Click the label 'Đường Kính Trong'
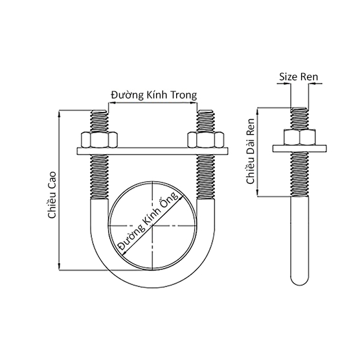(153, 95)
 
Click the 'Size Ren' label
(299, 76)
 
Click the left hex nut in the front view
(98, 140)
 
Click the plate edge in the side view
(300, 149)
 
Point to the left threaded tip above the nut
(98, 121)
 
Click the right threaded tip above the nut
(206, 121)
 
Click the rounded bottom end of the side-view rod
(300, 280)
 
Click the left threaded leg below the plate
(98, 178)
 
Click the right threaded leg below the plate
(206, 178)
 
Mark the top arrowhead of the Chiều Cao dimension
(60, 114)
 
